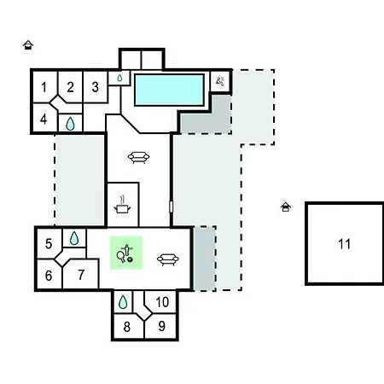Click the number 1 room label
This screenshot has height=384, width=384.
coord(44,87)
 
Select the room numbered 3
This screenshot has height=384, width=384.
coord(96,87)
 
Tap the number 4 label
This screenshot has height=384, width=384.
coord(44,119)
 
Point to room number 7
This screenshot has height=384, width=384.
coord(81,275)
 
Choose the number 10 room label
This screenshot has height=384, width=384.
coord(162,302)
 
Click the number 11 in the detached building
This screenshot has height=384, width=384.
coord(344,244)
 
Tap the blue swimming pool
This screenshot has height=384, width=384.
coord(169,90)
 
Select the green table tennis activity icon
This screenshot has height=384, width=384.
coord(126,253)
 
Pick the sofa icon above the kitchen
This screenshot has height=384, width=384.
coord(138,157)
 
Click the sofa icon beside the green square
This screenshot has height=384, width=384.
coord(168,259)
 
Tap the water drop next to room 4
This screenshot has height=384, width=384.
coord(70,124)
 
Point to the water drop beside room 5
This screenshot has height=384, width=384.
coord(74,238)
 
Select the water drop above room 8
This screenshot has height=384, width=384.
coord(123,302)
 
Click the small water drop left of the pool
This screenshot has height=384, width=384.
coord(119,78)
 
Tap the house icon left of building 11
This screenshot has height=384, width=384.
coord(286,207)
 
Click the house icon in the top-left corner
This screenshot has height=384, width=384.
coord(28,45)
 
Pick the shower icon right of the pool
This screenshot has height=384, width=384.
coord(220,81)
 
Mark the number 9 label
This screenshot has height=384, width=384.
coord(162,326)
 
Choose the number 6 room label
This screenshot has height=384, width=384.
coord(49,276)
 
